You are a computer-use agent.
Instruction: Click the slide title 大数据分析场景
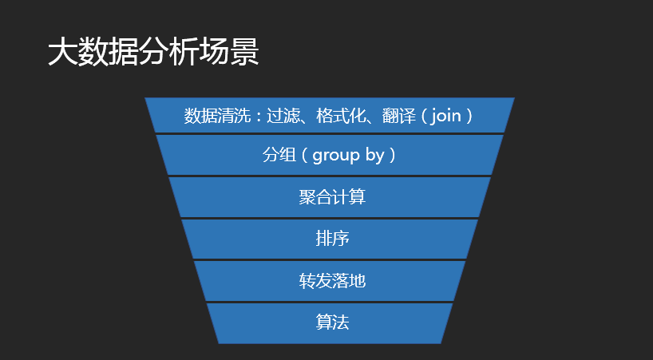(x=152, y=53)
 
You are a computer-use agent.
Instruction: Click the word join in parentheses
(x=446, y=116)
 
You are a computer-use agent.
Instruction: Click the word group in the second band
(x=336, y=156)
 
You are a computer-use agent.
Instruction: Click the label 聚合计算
(x=332, y=196)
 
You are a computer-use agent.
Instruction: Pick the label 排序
(x=332, y=239)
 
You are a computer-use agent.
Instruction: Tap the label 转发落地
(x=332, y=280)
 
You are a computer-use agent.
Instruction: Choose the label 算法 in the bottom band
(x=332, y=322)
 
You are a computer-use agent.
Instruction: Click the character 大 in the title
(x=61, y=53)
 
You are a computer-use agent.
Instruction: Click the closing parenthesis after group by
(x=392, y=155)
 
